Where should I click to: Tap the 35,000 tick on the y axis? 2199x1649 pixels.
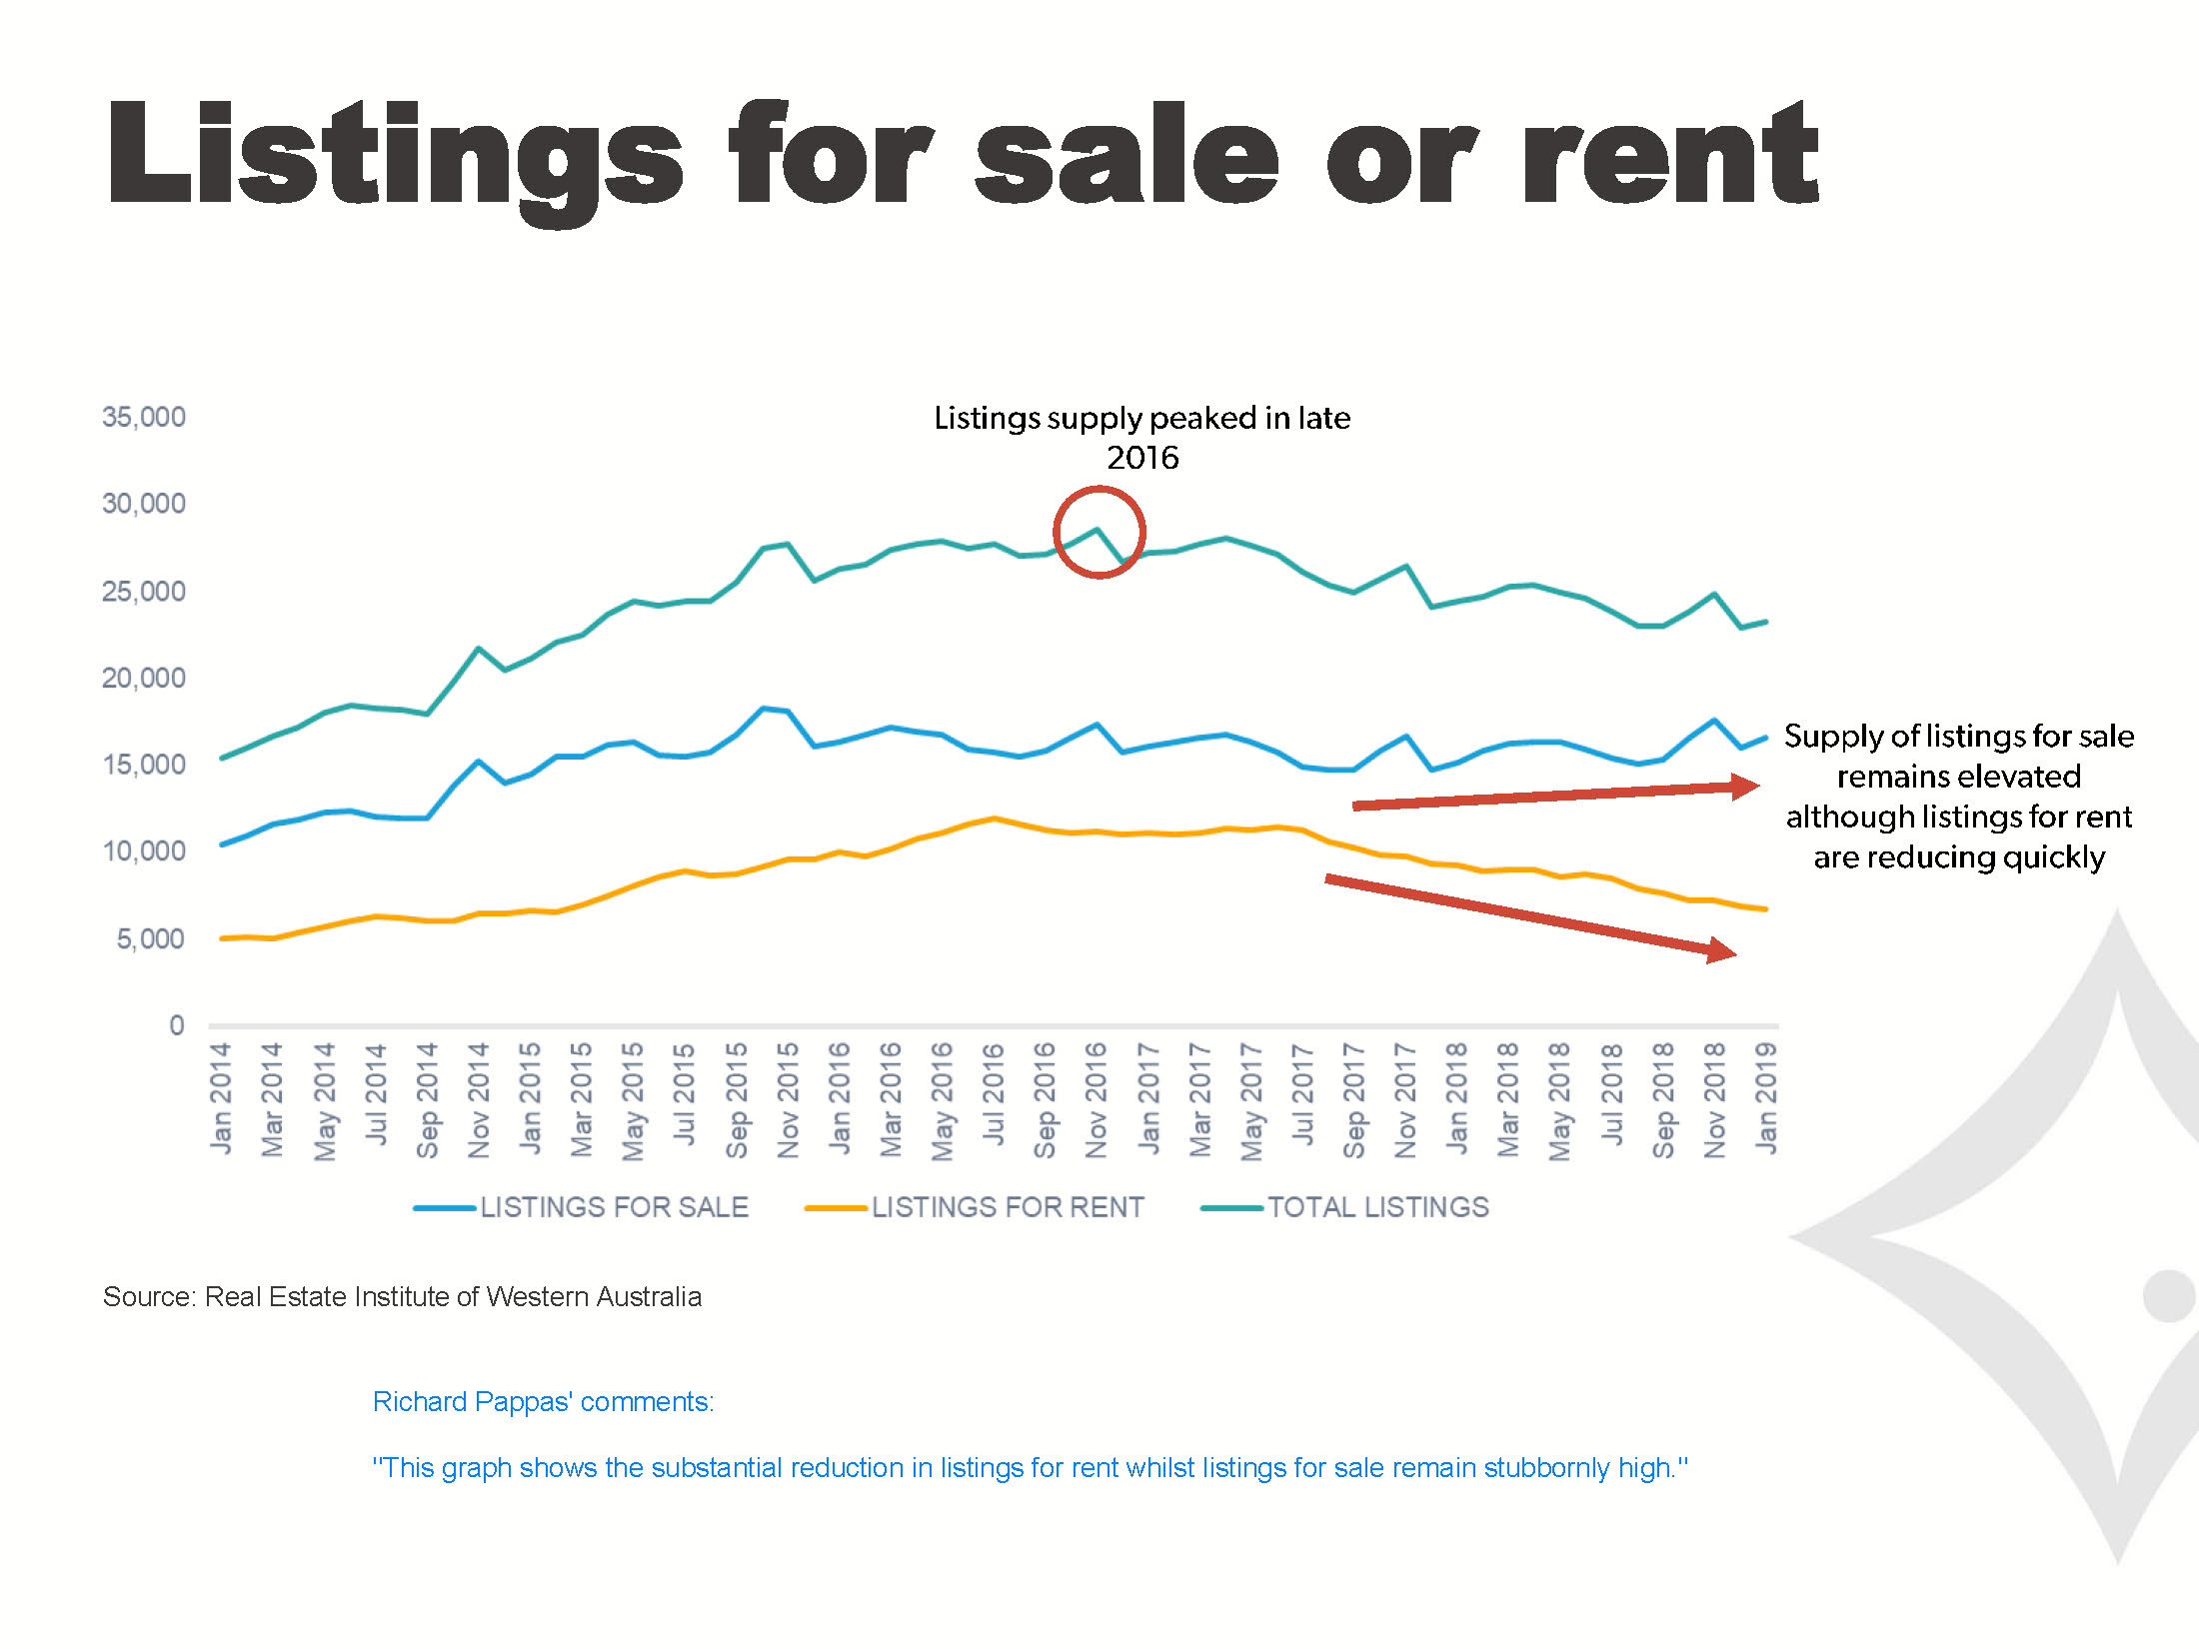(144, 417)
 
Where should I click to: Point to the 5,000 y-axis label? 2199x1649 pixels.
(150, 938)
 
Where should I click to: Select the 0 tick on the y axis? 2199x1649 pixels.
(177, 1024)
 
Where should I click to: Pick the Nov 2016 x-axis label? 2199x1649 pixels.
(1097, 1099)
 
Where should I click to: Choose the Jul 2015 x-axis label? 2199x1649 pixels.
(685, 1093)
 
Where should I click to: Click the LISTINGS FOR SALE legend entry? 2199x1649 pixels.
(581, 1207)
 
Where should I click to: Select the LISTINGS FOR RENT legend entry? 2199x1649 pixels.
(975, 1207)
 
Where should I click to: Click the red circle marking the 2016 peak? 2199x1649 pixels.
(1099, 532)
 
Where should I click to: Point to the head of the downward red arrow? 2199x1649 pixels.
(1721, 950)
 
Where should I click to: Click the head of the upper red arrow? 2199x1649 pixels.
(1745, 787)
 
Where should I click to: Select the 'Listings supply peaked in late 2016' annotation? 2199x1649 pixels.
(1141, 437)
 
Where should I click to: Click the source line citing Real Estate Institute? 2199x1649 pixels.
(402, 1296)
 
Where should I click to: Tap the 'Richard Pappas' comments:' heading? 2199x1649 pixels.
(543, 1401)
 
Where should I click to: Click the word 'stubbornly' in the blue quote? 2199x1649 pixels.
(1546, 1467)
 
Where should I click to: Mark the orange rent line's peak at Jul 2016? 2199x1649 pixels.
(994, 819)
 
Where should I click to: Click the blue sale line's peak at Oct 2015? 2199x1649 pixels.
(764, 709)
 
